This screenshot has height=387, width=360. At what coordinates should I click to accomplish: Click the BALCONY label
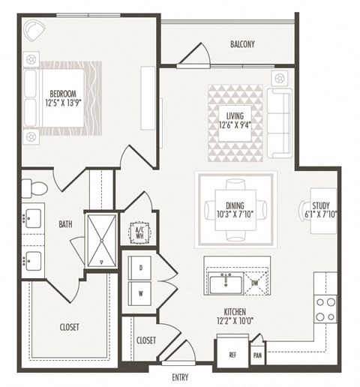coord(242,44)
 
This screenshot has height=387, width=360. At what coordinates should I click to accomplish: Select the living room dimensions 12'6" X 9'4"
coord(235,126)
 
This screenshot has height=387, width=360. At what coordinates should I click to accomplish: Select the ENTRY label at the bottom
coord(181,378)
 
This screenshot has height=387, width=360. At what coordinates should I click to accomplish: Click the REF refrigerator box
coord(231,355)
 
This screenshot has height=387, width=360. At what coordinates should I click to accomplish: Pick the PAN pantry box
coord(258,355)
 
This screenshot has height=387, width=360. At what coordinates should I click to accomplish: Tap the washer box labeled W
coord(140,293)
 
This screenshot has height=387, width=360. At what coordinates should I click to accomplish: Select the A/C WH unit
coord(139,232)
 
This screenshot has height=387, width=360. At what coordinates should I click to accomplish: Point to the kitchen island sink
coord(224,283)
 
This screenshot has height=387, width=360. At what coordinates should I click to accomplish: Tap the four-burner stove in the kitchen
coord(325,308)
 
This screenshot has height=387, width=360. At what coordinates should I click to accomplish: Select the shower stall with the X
coord(101,239)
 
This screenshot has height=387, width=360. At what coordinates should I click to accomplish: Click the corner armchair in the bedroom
coord(34,31)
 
